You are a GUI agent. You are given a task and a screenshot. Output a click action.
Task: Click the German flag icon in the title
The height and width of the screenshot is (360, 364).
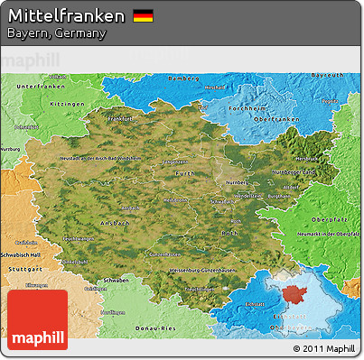[143, 16]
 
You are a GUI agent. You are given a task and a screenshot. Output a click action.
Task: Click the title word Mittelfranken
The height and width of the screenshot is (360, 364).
[67, 16]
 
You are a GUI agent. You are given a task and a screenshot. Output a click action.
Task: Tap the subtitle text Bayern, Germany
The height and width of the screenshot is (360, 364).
[56, 33]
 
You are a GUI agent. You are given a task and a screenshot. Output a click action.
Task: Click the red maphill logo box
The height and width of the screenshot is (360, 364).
[36, 319]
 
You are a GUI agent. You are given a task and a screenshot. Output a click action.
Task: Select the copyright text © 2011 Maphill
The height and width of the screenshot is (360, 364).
[324, 348]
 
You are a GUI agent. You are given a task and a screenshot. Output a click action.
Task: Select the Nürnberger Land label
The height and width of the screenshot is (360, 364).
[295, 171]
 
